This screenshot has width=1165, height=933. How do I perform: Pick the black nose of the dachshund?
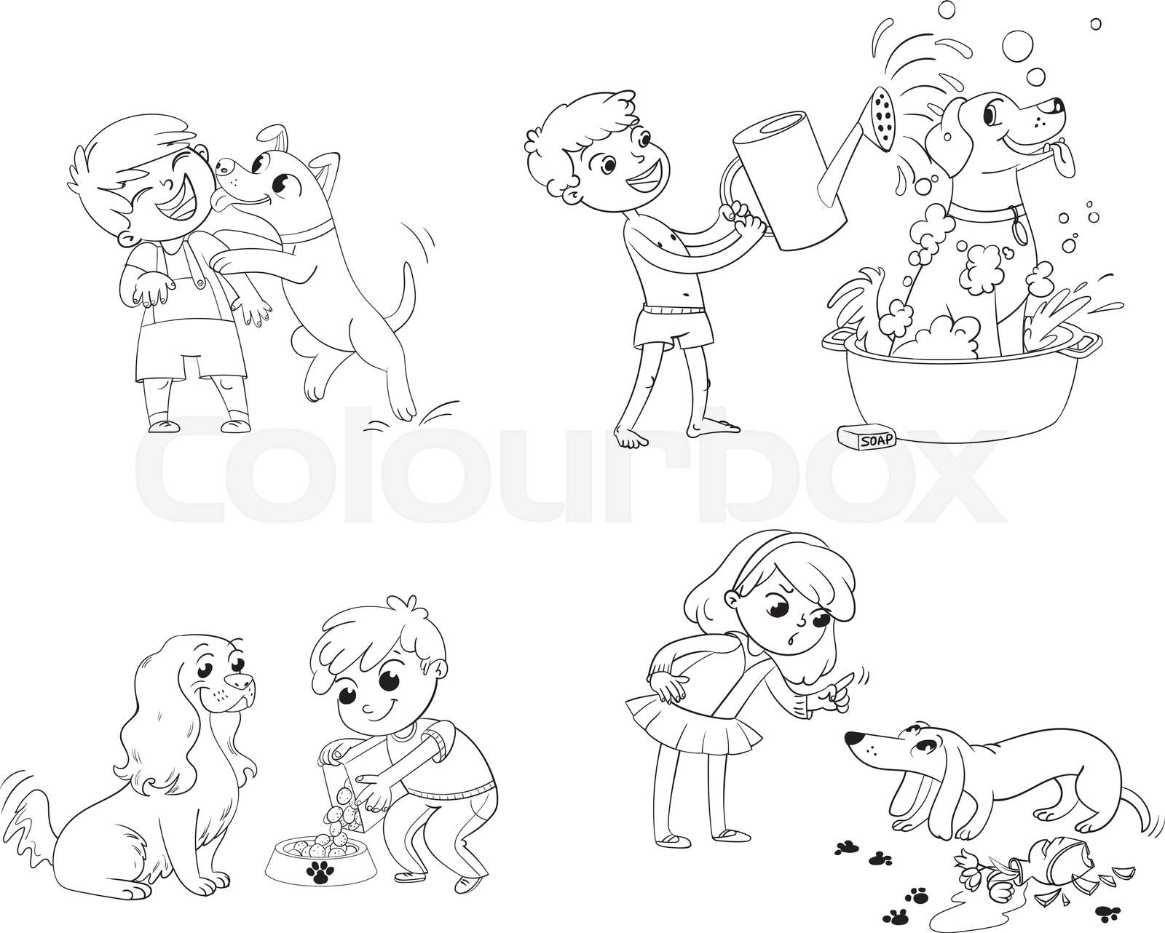point(850,739)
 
